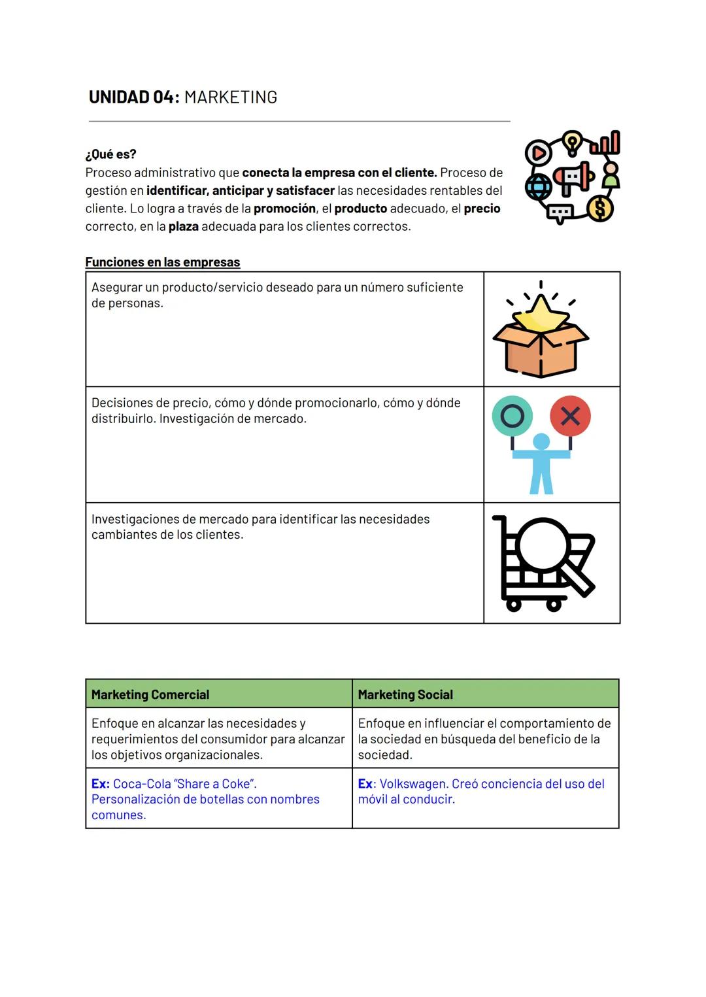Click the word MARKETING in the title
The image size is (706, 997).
tap(231, 97)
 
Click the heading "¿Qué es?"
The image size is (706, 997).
tap(110, 154)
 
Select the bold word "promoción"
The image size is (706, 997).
tap(284, 209)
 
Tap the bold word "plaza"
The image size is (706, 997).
tap(183, 227)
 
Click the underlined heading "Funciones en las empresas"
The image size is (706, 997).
tap(162, 262)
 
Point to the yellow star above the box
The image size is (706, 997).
tap(541, 313)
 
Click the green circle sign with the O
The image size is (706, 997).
tap(512, 416)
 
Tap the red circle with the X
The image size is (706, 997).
tap(570, 416)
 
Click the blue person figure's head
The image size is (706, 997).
tap(541, 443)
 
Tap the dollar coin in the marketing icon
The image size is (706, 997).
tap(600, 209)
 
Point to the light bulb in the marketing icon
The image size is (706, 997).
tap(572, 142)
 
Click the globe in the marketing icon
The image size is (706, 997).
tap(539, 187)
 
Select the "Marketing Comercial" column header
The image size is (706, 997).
tap(150, 694)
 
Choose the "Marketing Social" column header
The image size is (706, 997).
tap(405, 694)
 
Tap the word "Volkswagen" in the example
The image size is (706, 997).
tap(413, 784)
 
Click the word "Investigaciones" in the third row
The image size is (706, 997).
tap(135, 519)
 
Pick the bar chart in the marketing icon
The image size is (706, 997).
tap(606, 143)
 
